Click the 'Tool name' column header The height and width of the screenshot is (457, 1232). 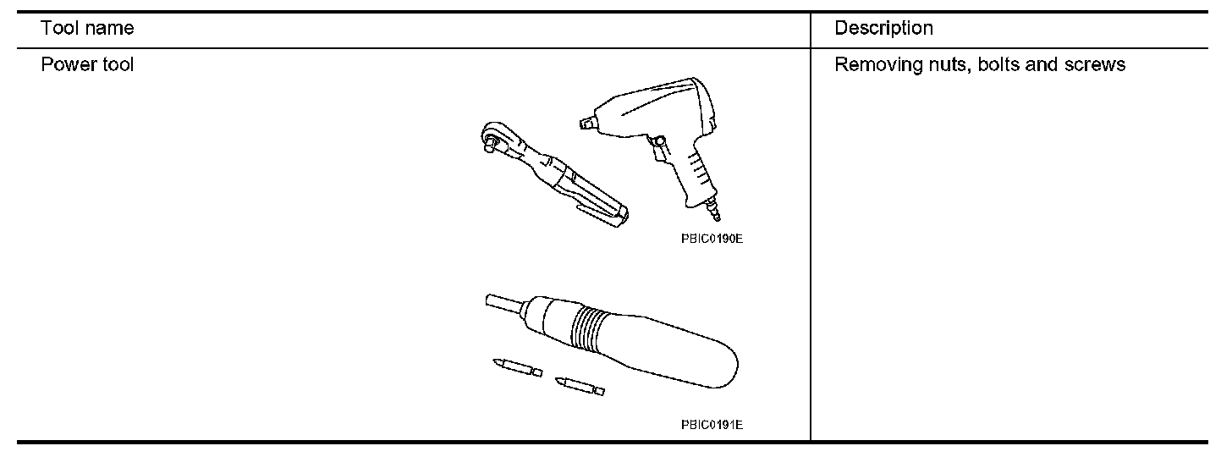(87, 28)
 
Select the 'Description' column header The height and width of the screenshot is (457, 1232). (883, 28)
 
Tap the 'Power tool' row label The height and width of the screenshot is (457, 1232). (87, 64)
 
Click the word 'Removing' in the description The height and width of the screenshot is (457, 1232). (872, 64)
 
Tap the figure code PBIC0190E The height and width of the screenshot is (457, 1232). (711, 239)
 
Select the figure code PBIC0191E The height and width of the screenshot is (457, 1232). (711, 425)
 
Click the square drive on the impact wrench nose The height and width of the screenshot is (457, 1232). (585, 124)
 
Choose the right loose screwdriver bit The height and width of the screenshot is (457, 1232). (580, 386)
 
